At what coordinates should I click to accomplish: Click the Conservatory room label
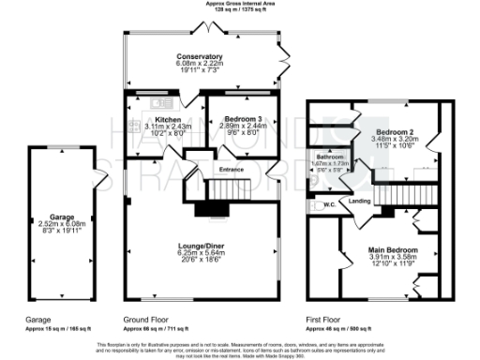tap(203, 56)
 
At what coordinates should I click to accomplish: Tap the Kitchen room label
tap(168, 120)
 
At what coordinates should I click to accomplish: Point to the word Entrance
tap(232, 169)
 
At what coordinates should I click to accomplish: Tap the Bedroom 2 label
tap(395, 132)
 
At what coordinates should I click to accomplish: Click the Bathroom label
tap(329, 157)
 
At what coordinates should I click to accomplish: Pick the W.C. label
tap(329, 203)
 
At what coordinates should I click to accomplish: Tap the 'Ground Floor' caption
tap(146, 319)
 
